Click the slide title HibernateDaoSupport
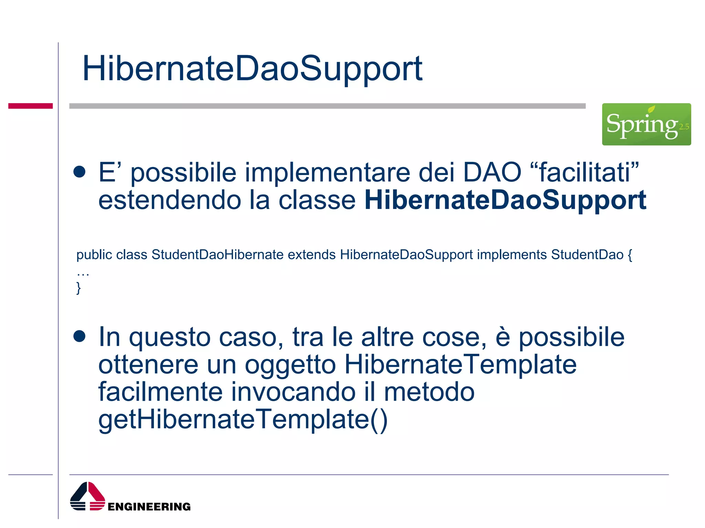[252, 69]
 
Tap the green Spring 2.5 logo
[646, 124]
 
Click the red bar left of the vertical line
[30, 106]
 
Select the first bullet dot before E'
[80, 172]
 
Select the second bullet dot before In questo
[80, 337]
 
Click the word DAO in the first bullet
[492, 172]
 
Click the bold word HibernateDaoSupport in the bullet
[505, 200]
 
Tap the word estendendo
[170, 200]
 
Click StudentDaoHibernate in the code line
[217, 255]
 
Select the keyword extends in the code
[312, 255]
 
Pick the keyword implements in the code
[512, 255]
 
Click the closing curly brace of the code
[78, 288]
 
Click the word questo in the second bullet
[170, 337]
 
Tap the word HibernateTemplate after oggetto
[461, 365]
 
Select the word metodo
[429, 392]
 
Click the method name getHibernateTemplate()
[243, 420]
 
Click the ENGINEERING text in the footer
[149, 507]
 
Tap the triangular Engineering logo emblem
[87, 496]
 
